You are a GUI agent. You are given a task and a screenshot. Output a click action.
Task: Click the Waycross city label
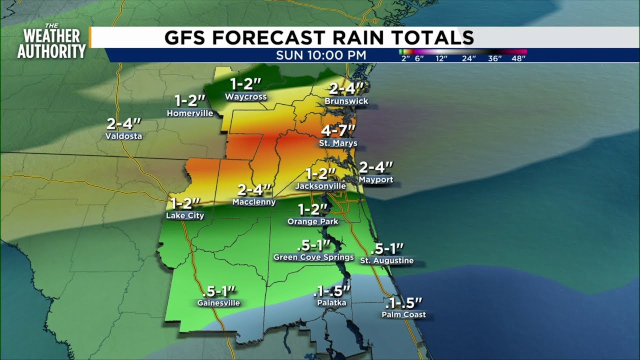(x=245, y=96)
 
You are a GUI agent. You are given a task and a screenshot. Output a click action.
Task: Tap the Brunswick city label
(x=346, y=101)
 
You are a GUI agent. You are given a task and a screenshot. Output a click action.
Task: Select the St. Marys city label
(x=338, y=143)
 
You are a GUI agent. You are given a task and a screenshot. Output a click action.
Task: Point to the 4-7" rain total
(x=338, y=131)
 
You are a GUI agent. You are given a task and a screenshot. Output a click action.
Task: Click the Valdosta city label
(x=123, y=136)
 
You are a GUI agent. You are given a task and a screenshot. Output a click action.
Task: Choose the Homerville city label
(x=190, y=113)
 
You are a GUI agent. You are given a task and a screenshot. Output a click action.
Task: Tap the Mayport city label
(x=376, y=179)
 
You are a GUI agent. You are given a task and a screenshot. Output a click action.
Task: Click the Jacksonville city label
(x=320, y=186)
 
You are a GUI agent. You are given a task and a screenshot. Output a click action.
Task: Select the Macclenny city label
(x=254, y=202)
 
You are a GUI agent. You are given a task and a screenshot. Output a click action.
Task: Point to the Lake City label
(x=185, y=215)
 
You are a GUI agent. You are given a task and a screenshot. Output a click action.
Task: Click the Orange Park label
(x=312, y=221)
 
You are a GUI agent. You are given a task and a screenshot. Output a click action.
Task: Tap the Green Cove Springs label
(x=313, y=257)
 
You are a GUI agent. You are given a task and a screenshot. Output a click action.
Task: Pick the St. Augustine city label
(x=387, y=260)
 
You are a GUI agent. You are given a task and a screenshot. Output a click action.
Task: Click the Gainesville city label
(x=218, y=303)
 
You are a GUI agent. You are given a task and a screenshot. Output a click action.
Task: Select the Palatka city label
(x=331, y=303)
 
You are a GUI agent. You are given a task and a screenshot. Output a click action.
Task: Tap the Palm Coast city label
(x=403, y=314)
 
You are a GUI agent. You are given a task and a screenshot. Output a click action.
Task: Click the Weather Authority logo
(x=51, y=41)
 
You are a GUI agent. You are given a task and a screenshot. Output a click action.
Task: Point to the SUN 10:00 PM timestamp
(x=321, y=55)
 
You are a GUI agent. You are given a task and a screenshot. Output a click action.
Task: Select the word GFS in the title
(x=189, y=37)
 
